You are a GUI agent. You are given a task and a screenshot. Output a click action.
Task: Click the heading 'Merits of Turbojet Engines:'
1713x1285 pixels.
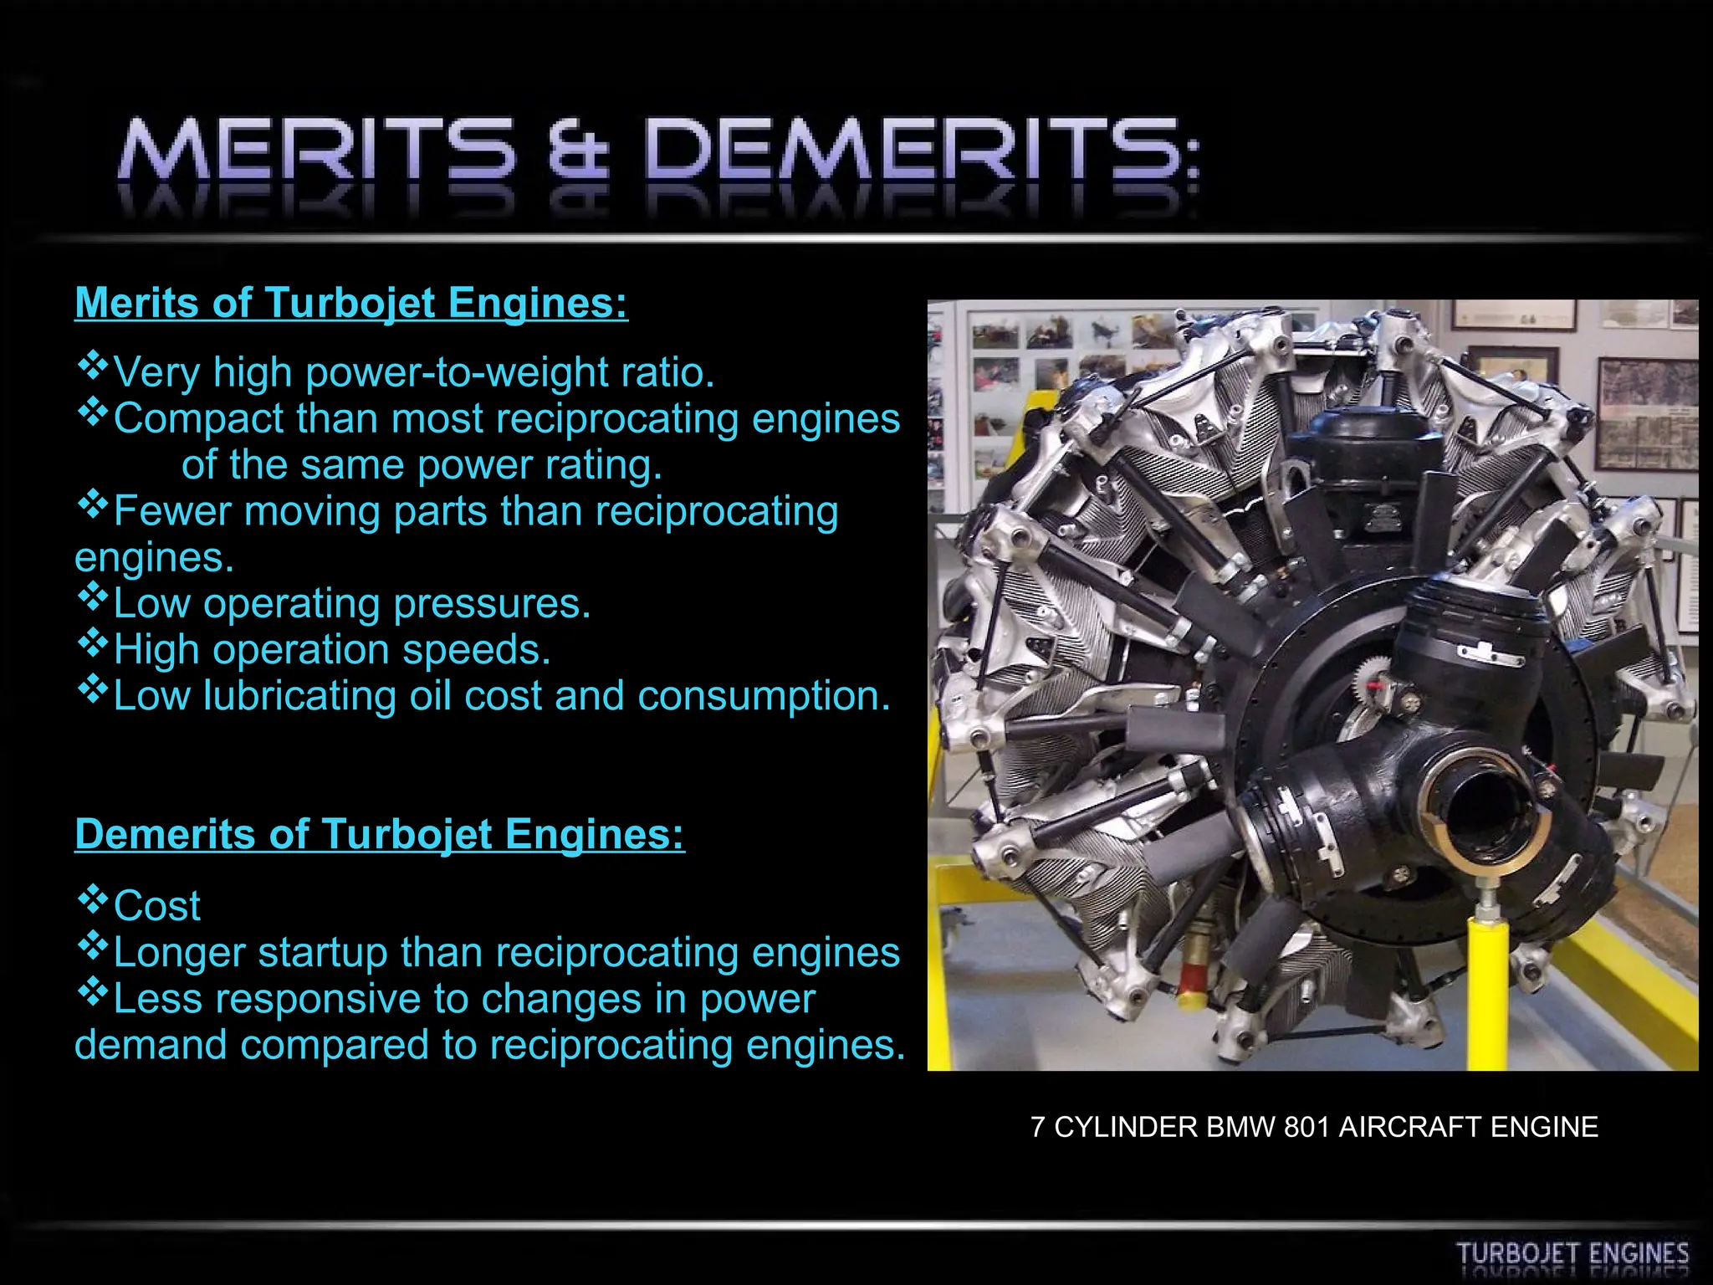pos(351,303)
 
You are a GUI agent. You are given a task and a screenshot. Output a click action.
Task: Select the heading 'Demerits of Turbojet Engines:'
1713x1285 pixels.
pos(380,835)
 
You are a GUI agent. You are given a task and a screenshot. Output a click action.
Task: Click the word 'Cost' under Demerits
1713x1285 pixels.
pos(157,906)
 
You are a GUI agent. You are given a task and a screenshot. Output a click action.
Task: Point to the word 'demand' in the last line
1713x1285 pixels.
pos(151,1045)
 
